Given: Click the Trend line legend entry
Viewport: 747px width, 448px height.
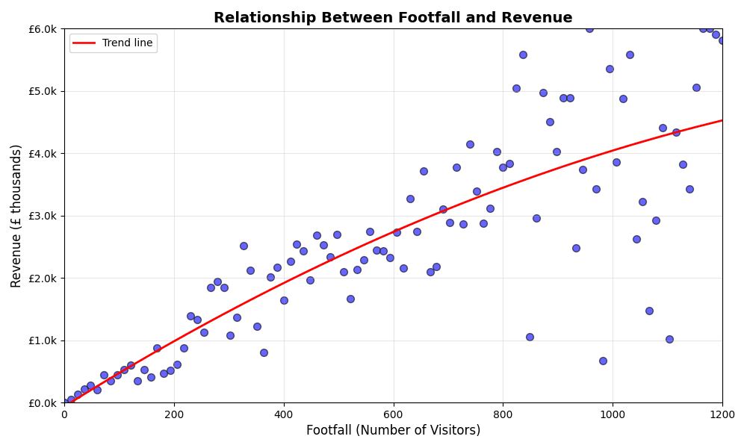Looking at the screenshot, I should tap(127, 43).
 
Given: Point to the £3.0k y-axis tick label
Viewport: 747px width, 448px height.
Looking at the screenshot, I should tap(42, 216).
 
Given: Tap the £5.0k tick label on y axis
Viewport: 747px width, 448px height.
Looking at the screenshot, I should tap(42, 91).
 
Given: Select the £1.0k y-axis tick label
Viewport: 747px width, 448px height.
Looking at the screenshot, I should tap(42, 340).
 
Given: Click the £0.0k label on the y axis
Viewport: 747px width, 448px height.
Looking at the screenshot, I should tap(42, 403).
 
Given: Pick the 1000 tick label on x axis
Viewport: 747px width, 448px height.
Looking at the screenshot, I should tap(613, 414).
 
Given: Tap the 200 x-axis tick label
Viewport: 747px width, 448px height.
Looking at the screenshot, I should tap(174, 414).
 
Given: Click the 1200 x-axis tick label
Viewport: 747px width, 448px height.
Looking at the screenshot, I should tap(722, 414).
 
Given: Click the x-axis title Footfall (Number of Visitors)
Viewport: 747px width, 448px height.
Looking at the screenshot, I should tap(393, 431).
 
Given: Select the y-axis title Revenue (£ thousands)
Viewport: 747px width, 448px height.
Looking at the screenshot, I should tap(16, 216).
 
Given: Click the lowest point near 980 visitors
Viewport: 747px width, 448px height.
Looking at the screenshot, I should tap(603, 361).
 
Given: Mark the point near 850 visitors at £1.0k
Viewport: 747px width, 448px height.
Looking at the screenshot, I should tap(530, 337).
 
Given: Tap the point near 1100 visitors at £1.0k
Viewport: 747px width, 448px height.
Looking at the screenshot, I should tap(669, 339).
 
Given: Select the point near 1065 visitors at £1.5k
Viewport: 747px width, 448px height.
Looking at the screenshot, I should tap(649, 311).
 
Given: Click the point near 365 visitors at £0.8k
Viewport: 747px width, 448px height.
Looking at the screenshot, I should tap(264, 352).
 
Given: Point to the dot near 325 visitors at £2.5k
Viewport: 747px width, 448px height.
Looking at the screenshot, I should tap(244, 246).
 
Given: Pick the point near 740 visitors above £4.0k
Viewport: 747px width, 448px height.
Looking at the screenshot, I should tap(470, 144).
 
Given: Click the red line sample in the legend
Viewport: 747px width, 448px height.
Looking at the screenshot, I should tap(84, 43).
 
